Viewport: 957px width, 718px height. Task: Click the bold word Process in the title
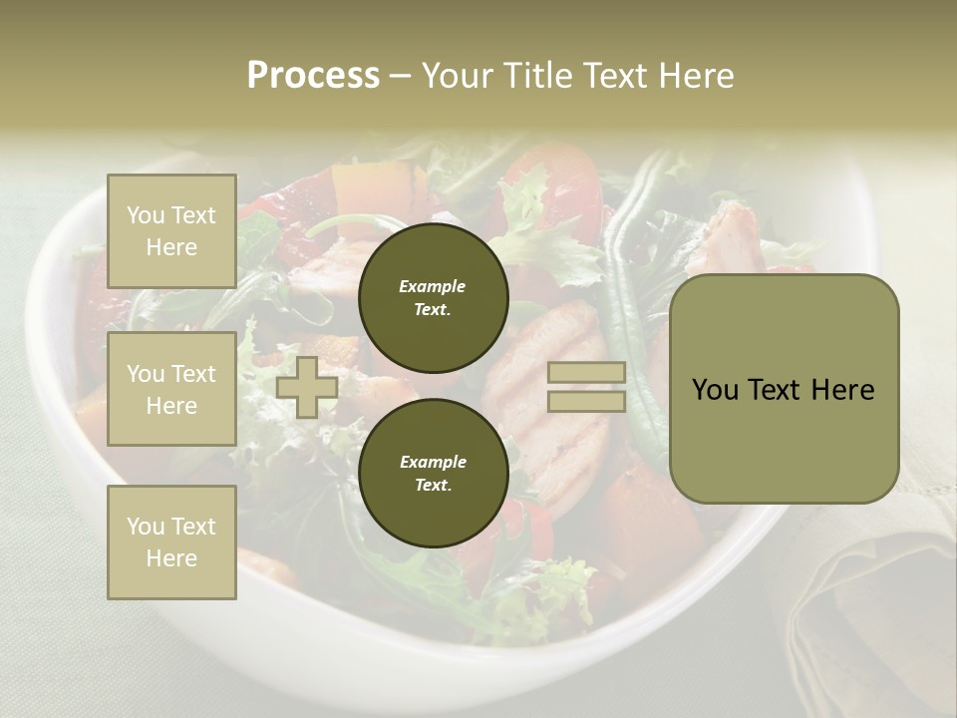pos(313,76)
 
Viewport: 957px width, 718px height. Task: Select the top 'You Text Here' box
pos(171,231)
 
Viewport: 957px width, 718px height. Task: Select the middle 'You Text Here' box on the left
pos(171,389)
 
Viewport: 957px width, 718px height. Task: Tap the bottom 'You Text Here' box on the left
pos(171,541)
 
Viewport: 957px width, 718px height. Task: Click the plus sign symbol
pos(307,387)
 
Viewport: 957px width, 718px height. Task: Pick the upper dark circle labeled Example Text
pos(433,297)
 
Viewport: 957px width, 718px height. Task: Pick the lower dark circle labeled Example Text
pos(433,473)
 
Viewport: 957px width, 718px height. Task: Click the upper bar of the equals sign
pos(586,373)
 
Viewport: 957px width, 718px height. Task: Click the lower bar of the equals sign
pos(586,401)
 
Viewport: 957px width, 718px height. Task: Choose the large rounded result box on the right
pos(784,389)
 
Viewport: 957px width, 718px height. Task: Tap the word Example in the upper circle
pos(433,286)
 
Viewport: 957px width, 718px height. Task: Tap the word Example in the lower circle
pos(433,462)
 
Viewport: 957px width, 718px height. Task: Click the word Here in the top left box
pos(171,247)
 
